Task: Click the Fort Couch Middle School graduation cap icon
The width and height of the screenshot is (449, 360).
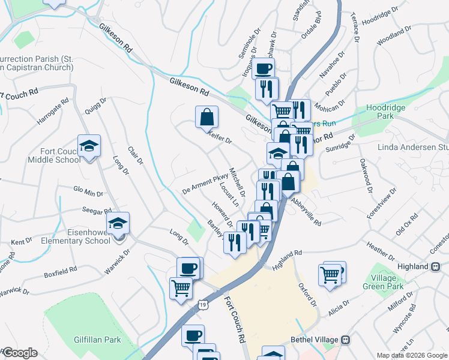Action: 89,146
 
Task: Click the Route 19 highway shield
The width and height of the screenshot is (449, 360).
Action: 204,305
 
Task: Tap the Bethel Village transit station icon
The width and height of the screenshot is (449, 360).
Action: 345,340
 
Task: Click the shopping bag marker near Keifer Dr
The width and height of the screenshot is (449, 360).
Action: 206,118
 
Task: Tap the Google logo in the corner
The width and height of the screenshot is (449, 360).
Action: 19,353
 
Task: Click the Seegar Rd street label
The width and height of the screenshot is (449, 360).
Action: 98,211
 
